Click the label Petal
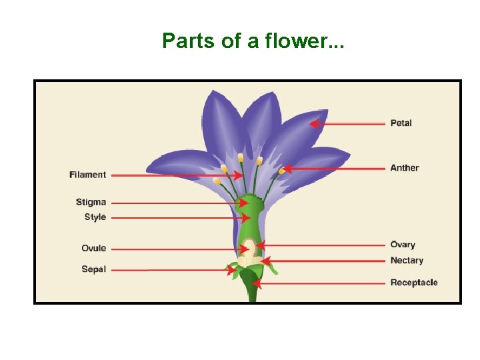tap(401, 123)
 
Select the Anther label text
tap(405, 168)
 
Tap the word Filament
tap(87, 175)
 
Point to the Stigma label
tap(91, 202)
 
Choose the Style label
tap(95, 217)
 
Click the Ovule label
tap(93, 249)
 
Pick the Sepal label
tap(93, 269)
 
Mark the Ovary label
tap(403, 245)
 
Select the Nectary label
tap(407, 261)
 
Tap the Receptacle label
tap(413, 283)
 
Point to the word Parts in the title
tap(183, 41)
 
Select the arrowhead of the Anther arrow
tap(285, 169)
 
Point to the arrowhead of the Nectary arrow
tap(265, 261)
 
